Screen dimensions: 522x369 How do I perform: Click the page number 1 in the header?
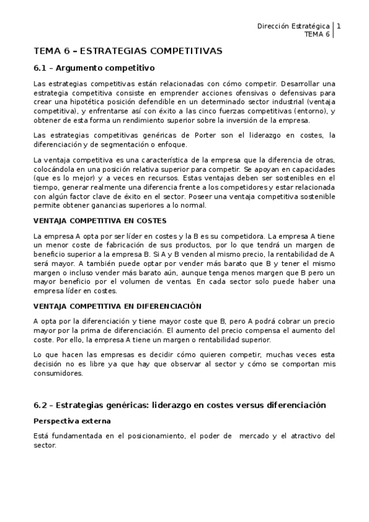339,26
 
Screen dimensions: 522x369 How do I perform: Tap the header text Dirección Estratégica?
293,26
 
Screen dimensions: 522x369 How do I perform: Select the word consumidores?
60,374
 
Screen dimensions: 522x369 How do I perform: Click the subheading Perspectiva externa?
73,422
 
